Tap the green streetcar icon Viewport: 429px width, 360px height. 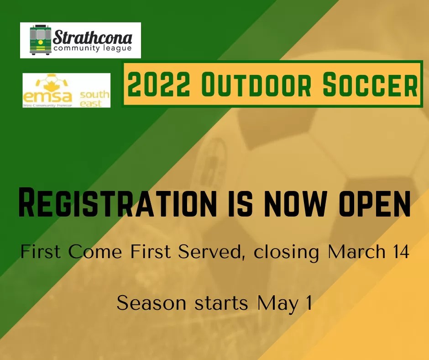[x=40, y=40]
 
